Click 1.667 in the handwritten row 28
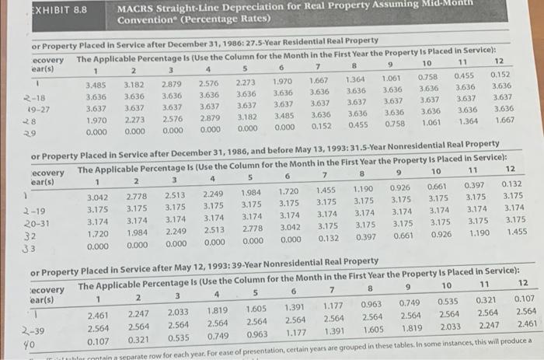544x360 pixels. pos(503,121)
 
